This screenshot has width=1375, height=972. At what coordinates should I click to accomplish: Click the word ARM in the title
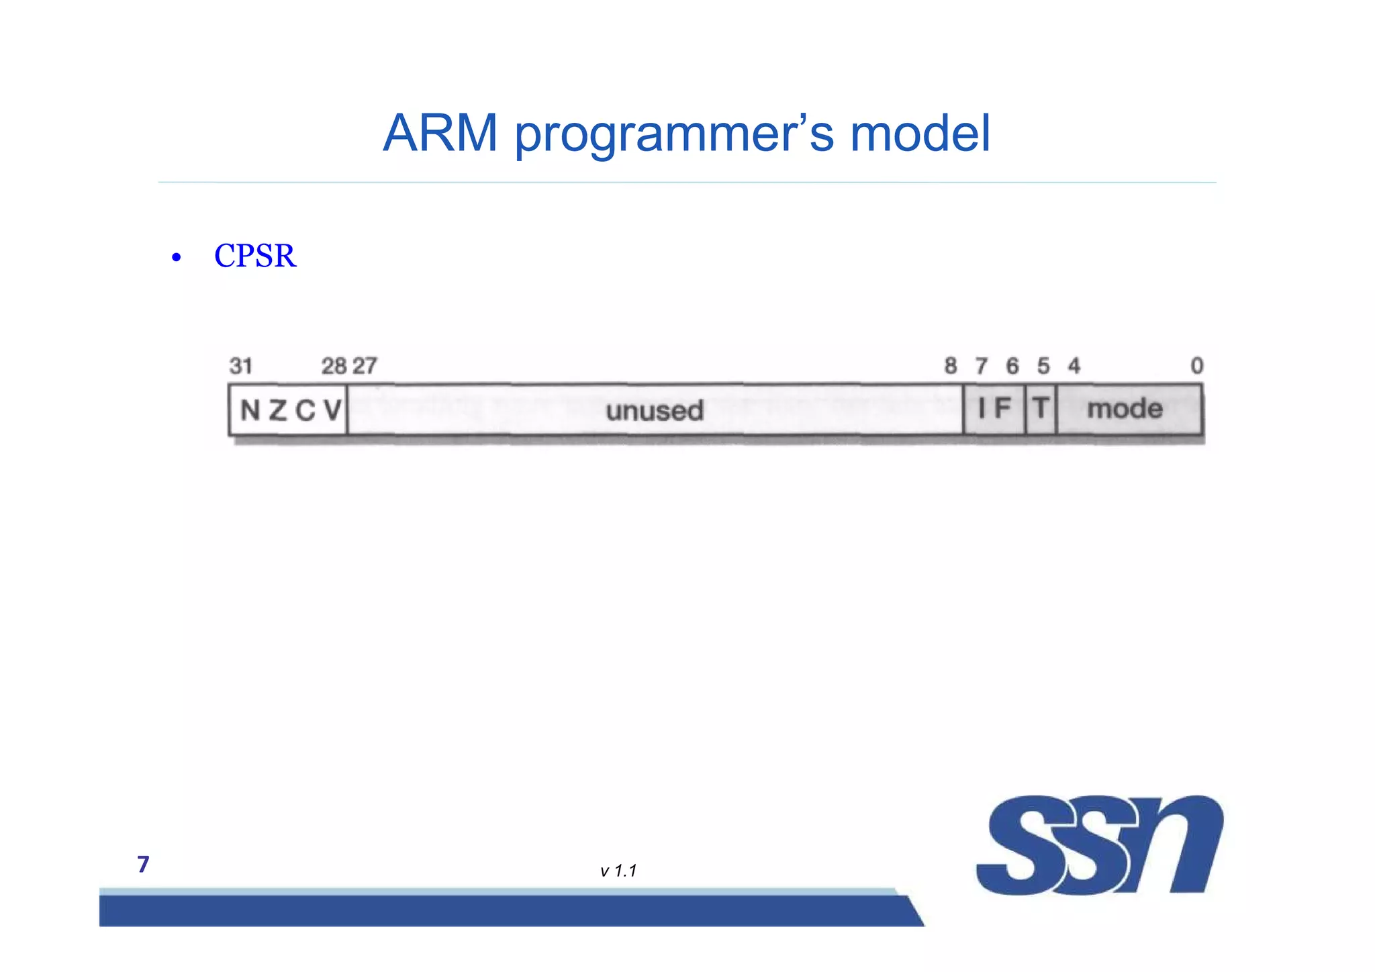tap(440, 134)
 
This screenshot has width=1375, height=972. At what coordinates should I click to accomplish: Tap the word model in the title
tap(920, 134)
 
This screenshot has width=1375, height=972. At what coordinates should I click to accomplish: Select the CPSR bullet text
tap(254, 256)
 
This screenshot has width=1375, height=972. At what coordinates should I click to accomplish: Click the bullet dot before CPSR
tap(176, 258)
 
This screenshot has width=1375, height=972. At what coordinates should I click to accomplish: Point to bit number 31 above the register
tap(240, 366)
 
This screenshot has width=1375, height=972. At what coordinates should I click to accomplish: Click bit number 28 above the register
tap(333, 366)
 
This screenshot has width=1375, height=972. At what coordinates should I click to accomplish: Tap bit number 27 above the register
tap(365, 366)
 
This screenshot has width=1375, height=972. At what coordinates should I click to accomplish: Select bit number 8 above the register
tap(950, 366)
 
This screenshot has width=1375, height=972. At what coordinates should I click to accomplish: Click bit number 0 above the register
tap(1196, 366)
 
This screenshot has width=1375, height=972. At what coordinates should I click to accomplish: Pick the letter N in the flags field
tap(250, 409)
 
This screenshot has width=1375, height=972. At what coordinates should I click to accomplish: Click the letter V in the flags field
tap(332, 409)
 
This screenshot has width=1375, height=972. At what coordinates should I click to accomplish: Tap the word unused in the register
tap(655, 410)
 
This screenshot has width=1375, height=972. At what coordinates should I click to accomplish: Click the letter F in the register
tap(1002, 407)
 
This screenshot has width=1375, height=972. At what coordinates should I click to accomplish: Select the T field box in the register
tap(1041, 408)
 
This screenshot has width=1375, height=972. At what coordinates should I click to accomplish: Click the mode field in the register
tap(1125, 408)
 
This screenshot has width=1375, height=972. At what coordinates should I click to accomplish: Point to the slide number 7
tap(143, 864)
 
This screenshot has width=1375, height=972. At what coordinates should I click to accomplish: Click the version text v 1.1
tap(618, 871)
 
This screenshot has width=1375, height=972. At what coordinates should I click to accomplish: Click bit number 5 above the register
tap(1043, 366)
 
